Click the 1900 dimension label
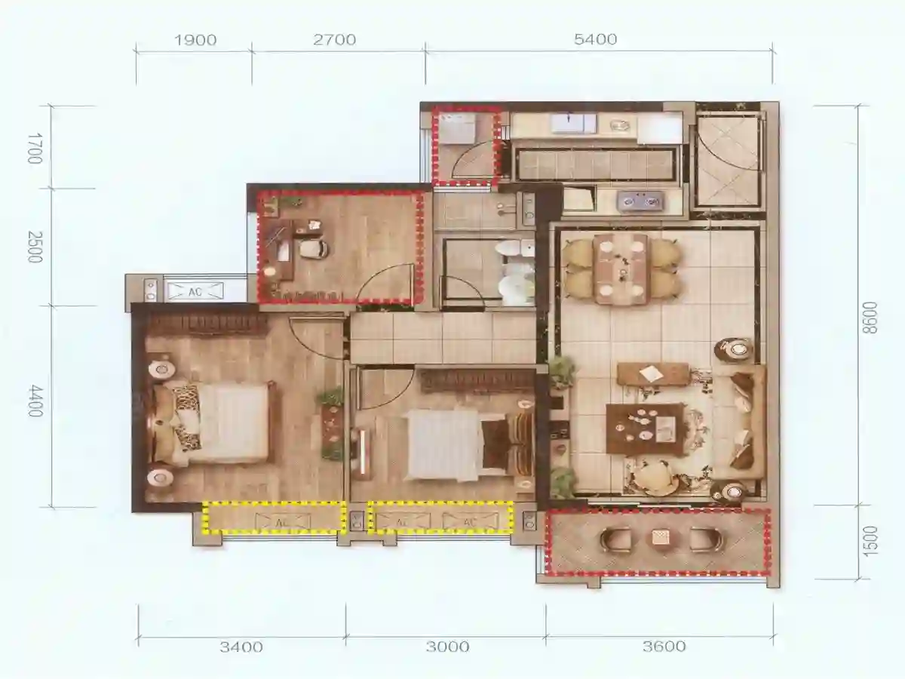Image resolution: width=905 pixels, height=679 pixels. click(x=195, y=40)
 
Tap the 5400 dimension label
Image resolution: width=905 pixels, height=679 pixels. click(x=595, y=39)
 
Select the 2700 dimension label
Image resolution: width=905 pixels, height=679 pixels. click(x=334, y=39)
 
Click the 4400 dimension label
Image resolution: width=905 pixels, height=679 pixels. click(x=35, y=401)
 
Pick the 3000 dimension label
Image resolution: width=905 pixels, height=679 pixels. click(x=448, y=647)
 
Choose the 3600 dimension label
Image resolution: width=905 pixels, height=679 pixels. click(x=664, y=646)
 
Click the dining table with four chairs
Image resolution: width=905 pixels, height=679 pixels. click(x=620, y=269)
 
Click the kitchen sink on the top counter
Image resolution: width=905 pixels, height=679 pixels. click(x=574, y=124)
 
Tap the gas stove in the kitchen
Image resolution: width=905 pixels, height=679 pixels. click(x=640, y=201)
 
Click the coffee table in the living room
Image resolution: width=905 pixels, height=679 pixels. click(x=646, y=430)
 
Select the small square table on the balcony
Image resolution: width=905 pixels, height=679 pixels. click(x=661, y=538)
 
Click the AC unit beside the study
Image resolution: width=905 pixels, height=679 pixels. click(x=195, y=291)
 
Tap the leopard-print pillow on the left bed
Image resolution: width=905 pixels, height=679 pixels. click(x=186, y=399)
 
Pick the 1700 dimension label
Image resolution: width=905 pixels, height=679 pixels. click(x=35, y=148)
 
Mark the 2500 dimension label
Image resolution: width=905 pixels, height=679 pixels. click(x=35, y=247)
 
